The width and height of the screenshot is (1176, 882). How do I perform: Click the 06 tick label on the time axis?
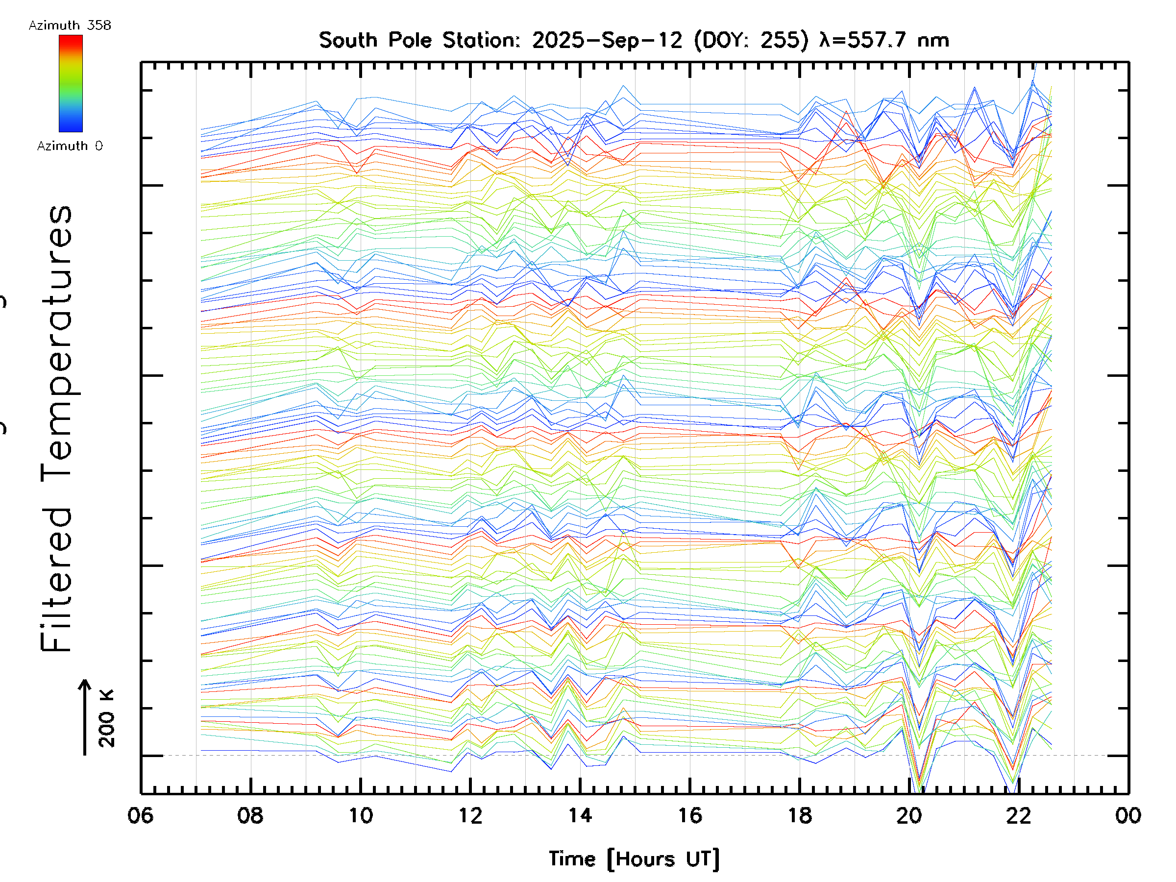[140, 815]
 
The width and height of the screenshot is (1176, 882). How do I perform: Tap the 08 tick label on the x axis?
[250, 815]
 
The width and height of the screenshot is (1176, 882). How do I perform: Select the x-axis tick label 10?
[361, 815]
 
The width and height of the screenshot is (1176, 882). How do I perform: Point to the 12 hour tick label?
[470, 815]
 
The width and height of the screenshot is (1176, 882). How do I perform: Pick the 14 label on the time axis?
[580, 815]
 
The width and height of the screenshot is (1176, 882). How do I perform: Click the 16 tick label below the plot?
[690, 815]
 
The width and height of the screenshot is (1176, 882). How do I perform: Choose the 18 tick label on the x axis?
[800, 815]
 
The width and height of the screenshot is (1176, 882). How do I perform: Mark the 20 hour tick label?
[909, 815]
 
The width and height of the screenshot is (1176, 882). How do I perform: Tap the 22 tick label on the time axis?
[1019, 815]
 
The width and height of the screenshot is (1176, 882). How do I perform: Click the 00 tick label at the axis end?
[1128, 815]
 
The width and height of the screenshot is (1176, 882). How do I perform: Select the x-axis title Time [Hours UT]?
[634, 859]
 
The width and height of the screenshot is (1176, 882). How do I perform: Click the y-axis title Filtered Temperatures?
[56, 428]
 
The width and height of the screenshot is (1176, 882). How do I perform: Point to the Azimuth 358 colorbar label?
[70, 25]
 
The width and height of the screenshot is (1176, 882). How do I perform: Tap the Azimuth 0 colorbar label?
[70, 146]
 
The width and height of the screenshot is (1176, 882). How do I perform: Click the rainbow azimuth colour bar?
[71, 83]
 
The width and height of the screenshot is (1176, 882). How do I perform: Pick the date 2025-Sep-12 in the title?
[607, 40]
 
